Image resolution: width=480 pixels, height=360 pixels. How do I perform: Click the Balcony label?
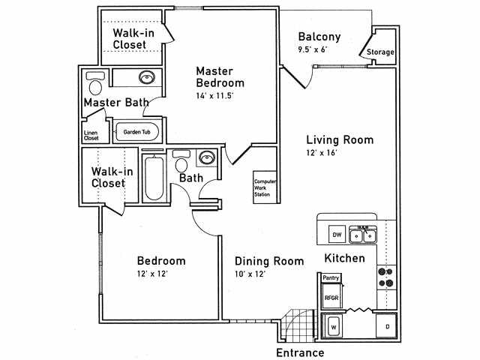click(x=319, y=37)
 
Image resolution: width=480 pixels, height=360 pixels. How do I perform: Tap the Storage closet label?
click(x=380, y=52)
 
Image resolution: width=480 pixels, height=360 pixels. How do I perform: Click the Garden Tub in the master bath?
click(x=136, y=132)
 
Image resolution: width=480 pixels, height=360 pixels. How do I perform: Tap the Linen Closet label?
click(x=91, y=136)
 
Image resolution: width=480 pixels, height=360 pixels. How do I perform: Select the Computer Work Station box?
click(x=262, y=187)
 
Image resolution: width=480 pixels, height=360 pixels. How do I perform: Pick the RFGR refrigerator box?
click(x=331, y=297)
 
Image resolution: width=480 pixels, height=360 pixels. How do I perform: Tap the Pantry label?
click(x=331, y=278)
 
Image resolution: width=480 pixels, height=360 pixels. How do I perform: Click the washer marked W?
click(x=334, y=326)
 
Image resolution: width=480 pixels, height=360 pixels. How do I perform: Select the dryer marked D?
click(x=386, y=326)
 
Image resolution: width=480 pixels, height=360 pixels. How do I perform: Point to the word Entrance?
click(x=300, y=352)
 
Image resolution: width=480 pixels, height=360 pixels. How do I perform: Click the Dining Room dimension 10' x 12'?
click(x=250, y=274)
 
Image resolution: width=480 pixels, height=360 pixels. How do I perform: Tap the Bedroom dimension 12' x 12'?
click(x=152, y=274)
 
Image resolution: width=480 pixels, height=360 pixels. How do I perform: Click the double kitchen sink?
click(x=364, y=235)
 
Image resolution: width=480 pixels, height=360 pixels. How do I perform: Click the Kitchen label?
click(x=344, y=258)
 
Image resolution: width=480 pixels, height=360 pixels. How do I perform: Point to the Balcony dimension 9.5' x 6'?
click(x=312, y=50)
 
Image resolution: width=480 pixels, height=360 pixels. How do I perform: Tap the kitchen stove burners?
click(x=385, y=277)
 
